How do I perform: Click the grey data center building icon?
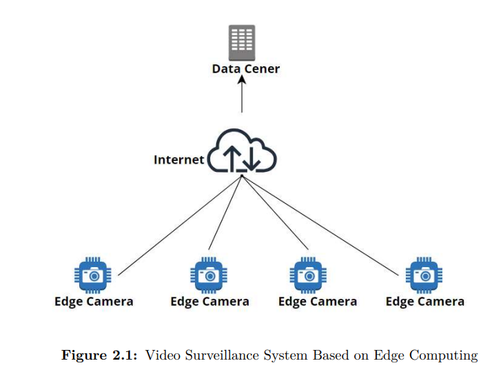click(242, 43)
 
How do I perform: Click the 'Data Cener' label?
click(246, 69)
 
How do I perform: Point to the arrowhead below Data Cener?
click(242, 79)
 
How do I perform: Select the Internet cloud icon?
click(242, 150)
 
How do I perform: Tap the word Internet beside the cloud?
click(178, 159)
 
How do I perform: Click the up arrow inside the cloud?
click(232, 158)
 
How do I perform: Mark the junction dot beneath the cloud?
click(242, 176)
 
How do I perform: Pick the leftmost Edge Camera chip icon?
click(92, 275)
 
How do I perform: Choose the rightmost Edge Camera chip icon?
click(424, 275)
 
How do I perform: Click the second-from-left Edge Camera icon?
click(209, 275)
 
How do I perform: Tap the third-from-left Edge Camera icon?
click(308, 275)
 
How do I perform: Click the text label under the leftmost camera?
click(94, 302)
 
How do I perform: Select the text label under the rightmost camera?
click(425, 302)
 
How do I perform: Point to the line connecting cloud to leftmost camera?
click(180, 226)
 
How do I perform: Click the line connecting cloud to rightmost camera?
click(320, 226)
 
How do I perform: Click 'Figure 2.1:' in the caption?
click(99, 355)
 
